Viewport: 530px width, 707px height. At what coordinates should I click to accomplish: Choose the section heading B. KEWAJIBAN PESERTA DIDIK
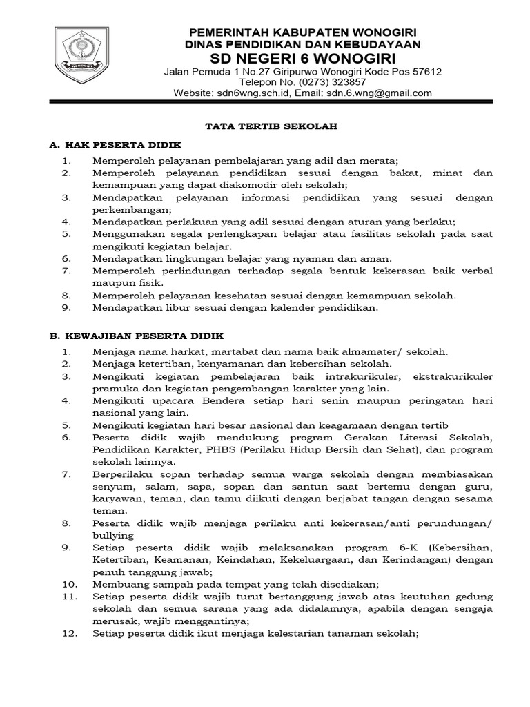click(x=137, y=336)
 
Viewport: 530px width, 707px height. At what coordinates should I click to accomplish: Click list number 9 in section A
click(x=67, y=308)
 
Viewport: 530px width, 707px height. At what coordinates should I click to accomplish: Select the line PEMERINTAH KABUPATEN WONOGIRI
click(x=304, y=32)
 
